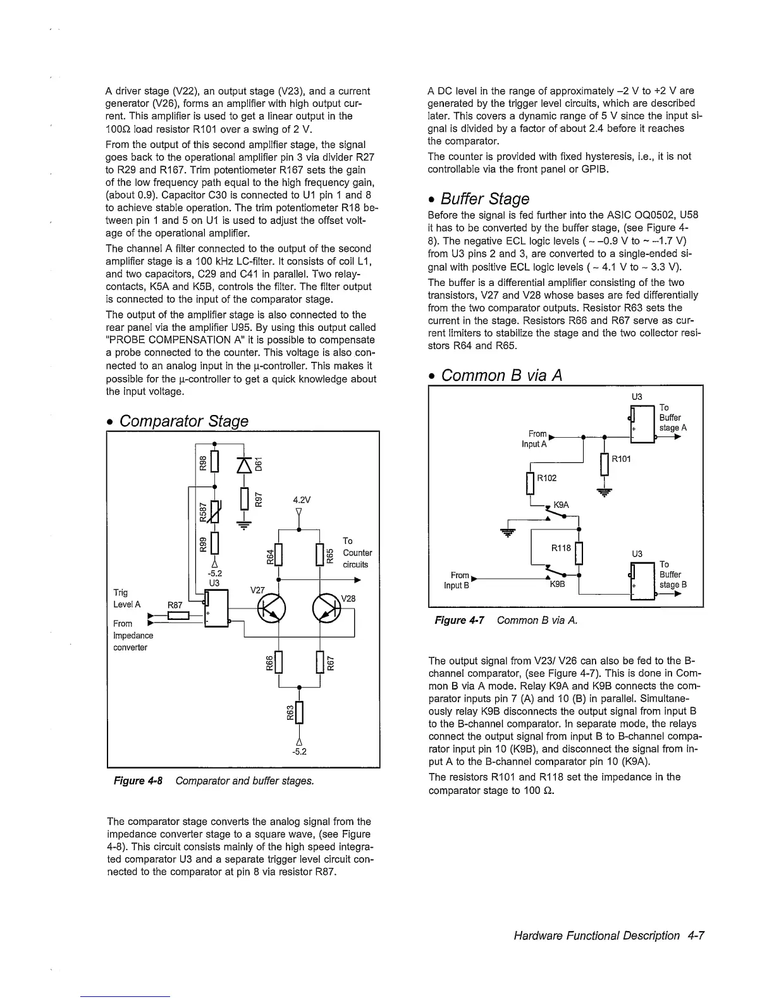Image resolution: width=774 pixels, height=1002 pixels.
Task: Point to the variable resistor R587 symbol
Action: pos(216,511)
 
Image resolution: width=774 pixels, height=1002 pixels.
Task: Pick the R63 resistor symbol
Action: pos(299,712)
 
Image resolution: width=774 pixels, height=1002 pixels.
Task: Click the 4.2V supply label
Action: pos(300,500)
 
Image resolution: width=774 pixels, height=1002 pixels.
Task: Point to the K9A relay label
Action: pos(562,505)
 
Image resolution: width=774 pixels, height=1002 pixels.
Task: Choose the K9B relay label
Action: pos(557,584)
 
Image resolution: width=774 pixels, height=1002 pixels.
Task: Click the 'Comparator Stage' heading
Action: pos(183,421)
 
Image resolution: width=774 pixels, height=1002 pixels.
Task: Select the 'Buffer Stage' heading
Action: pos(485,199)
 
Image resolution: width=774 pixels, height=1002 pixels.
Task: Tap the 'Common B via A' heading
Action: pos(501,376)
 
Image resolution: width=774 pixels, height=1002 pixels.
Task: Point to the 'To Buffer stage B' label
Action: pos(672,574)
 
